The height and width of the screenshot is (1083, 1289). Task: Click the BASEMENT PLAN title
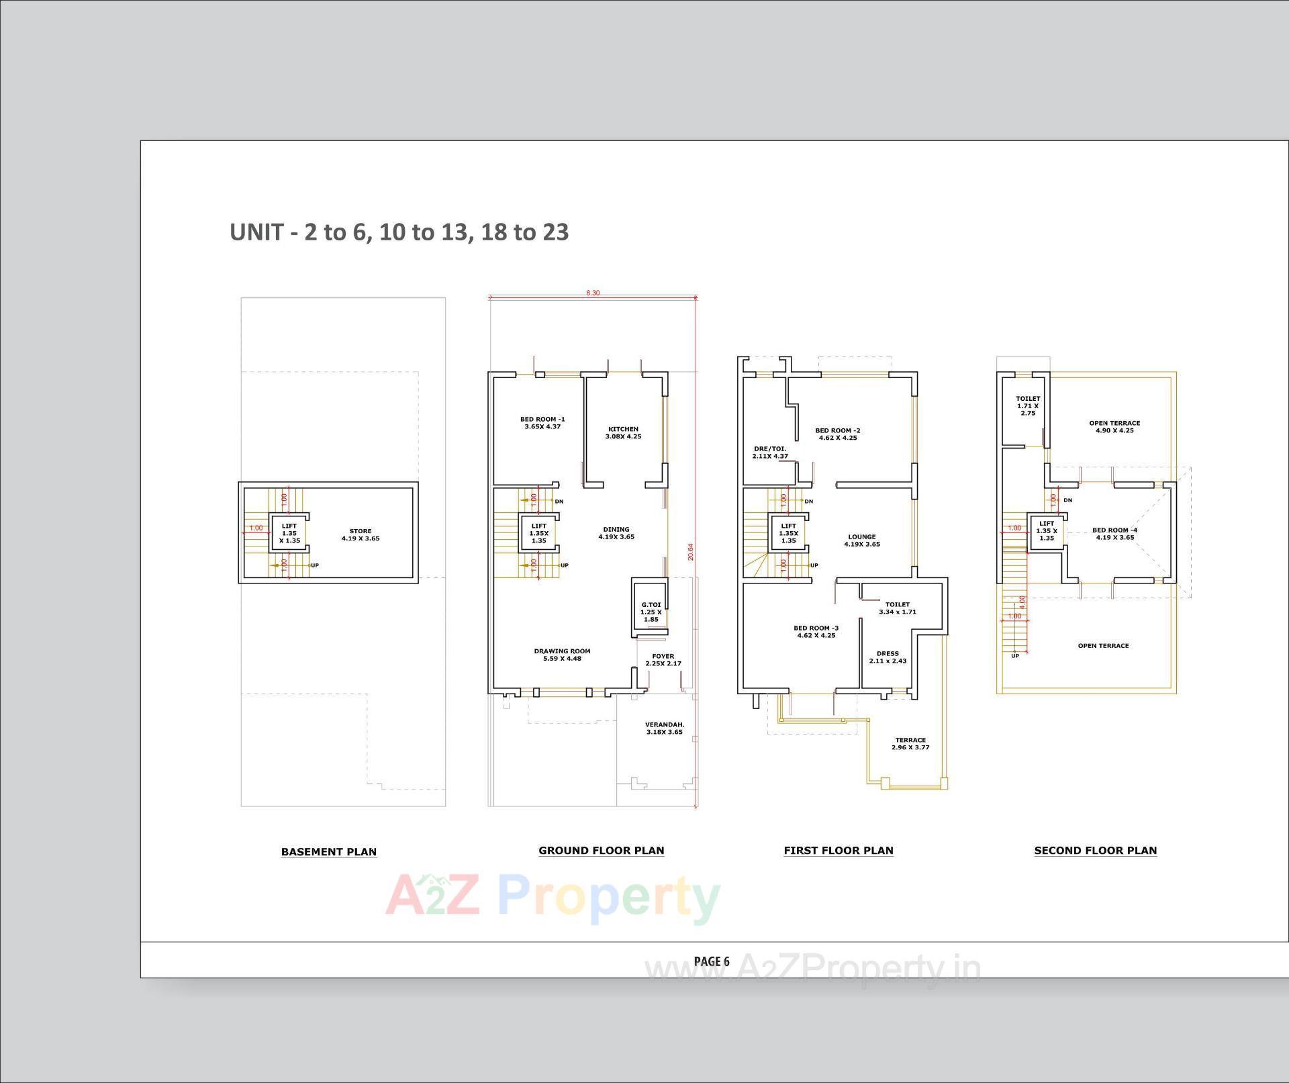click(x=328, y=851)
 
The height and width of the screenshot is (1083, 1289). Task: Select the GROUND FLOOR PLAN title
click(x=601, y=850)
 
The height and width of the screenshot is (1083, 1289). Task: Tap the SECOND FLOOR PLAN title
click(x=1095, y=850)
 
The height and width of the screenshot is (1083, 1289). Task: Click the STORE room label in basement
click(x=361, y=534)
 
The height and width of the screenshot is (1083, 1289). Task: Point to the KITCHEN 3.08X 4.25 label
click(x=623, y=432)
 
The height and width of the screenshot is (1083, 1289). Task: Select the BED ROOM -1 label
click(x=542, y=422)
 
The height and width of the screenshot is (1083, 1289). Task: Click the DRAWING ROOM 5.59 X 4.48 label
click(x=562, y=655)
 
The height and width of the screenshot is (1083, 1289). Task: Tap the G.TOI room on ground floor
click(x=651, y=612)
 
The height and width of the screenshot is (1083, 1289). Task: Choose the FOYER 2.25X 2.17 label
click(x=663, y=659)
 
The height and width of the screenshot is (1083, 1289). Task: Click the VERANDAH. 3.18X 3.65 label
click(x=664, y=728)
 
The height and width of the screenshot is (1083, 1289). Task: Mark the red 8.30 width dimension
click(x=593, y=293)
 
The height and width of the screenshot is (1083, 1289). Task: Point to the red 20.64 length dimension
click(x=690, y=552)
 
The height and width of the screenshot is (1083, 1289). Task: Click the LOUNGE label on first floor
click(x=862, y=540)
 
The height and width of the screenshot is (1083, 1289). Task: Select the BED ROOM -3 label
click(x=816, y=631)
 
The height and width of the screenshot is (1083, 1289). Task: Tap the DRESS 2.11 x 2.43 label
click(x=888, y=657)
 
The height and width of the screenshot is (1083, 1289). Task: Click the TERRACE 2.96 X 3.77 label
click(x=910, y=743)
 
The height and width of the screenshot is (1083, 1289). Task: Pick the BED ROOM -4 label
click(x=1114, y=534)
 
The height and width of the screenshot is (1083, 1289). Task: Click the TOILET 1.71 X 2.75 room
click(x=1027, y=406)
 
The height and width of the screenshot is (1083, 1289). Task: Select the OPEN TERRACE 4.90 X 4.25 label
click(x=1114, y=426)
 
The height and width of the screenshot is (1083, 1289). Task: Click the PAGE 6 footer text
click(x=711, y=961)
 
